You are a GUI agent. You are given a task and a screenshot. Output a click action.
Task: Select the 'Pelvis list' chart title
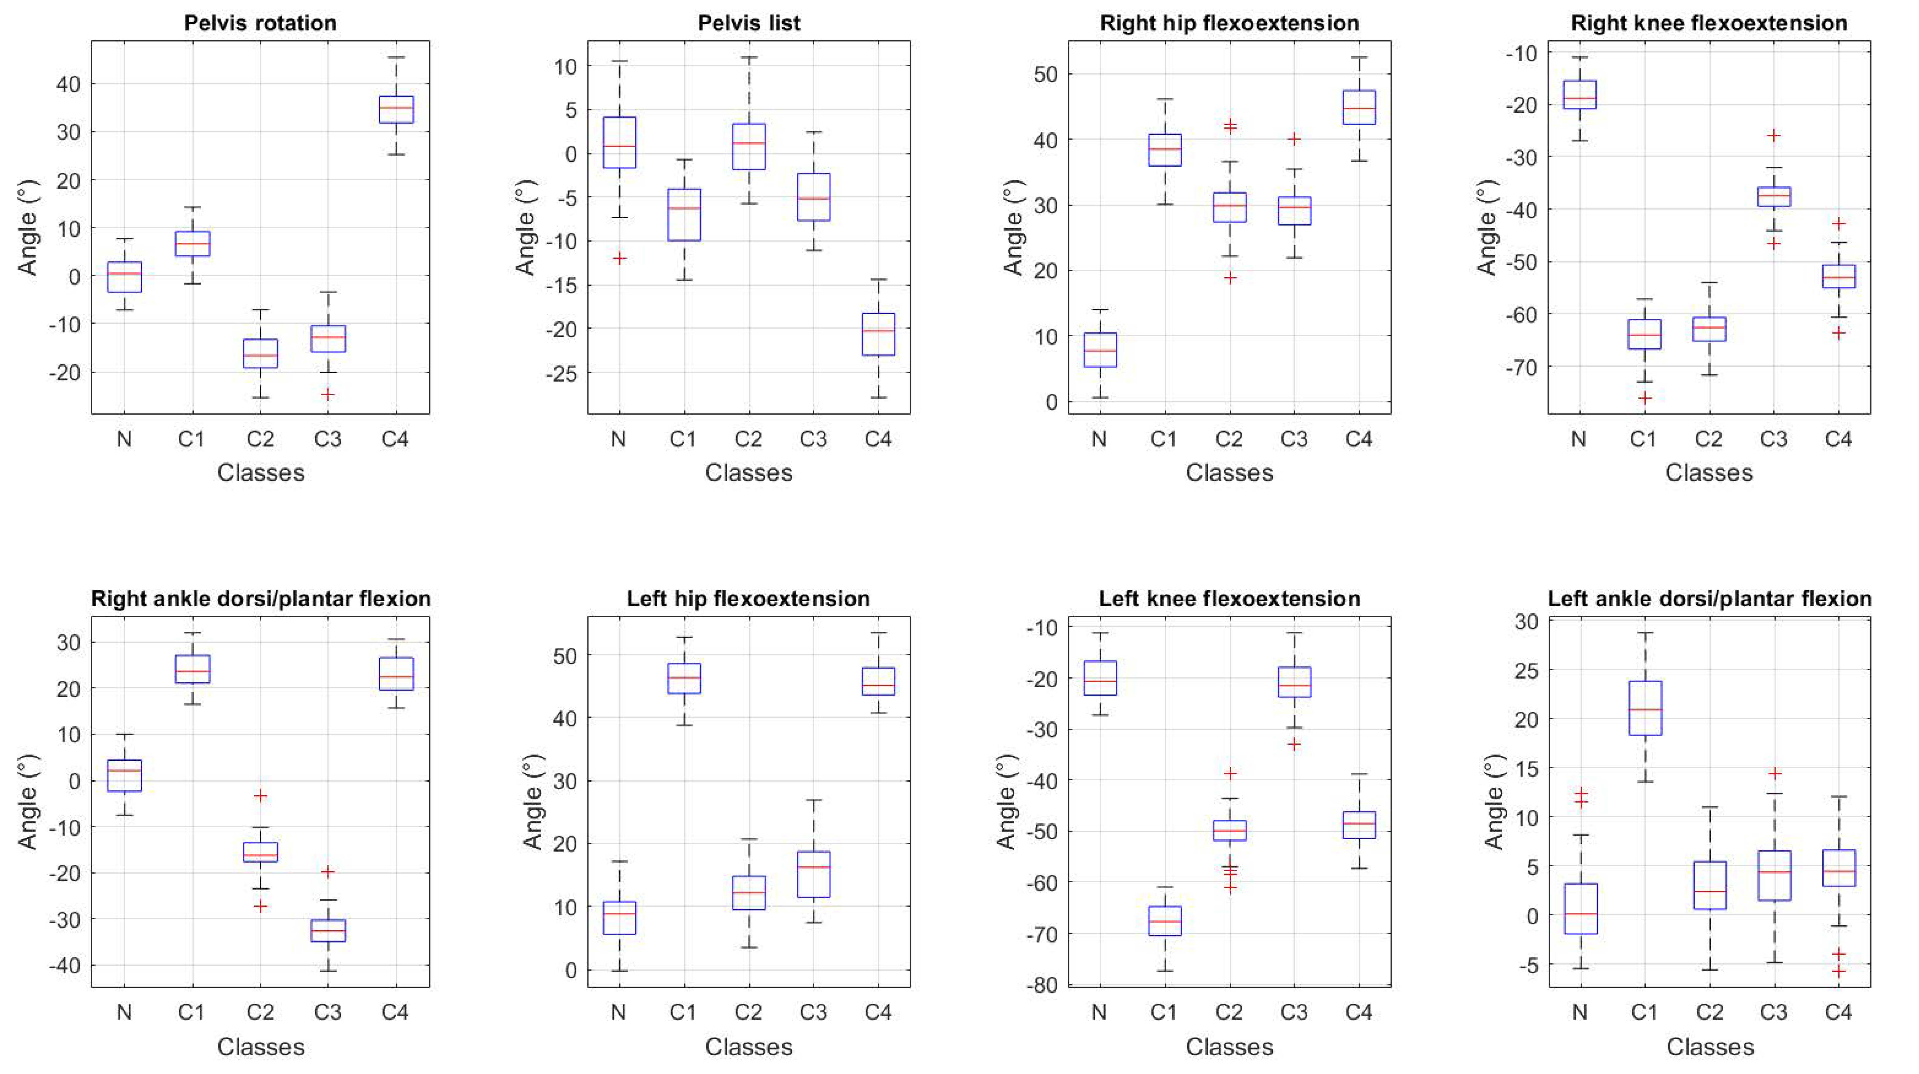click(749, 23)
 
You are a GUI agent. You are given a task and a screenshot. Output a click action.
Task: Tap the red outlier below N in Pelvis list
click(619, 258)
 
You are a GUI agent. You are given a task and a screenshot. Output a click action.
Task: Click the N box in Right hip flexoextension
click(1100, 349)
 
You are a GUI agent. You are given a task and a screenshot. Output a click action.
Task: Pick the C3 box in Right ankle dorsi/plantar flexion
click(328, 930)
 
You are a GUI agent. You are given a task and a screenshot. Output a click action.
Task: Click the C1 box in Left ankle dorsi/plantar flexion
click(1645, 708)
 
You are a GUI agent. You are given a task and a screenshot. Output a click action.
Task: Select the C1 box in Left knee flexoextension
click(1164, 921)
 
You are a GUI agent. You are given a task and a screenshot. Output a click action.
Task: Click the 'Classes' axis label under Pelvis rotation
click(261, 473)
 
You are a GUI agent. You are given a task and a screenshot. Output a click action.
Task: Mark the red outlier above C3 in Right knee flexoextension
click(1774, 136)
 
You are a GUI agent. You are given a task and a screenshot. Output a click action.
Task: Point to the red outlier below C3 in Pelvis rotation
click(328, 394)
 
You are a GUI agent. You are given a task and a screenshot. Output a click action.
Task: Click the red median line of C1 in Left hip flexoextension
click(684, 677)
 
